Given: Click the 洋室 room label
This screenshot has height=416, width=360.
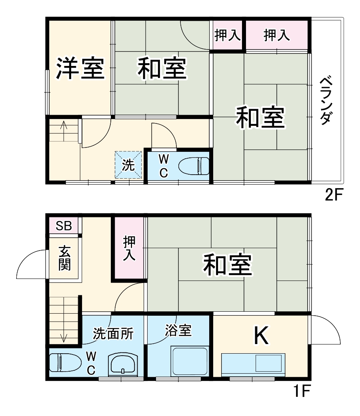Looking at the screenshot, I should click(80, 68).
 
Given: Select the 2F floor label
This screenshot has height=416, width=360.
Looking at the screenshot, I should click(334, 195).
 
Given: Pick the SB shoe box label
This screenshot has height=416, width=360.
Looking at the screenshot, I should click(64, 226).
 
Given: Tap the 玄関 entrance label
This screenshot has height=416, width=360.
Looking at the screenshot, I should click(64, 258).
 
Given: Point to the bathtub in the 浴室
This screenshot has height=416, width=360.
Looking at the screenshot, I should click(189, 361).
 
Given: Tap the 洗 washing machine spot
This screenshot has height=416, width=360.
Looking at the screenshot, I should click(128, 165).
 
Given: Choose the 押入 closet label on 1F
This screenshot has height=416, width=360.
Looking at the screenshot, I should click(129, 248).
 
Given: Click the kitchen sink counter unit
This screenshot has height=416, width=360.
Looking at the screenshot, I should click(253, 364).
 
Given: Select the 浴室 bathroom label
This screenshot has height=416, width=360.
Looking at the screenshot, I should click(178, 330).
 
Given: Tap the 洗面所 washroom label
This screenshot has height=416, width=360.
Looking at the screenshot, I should click(113, 333).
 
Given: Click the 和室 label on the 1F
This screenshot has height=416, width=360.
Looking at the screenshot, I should click(227, 264).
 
